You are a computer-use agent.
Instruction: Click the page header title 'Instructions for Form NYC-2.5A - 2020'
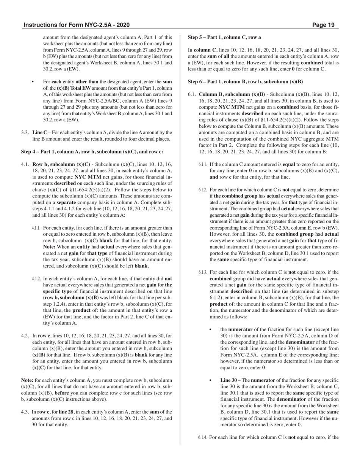(77, 25)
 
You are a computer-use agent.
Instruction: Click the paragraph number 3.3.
(25, 133)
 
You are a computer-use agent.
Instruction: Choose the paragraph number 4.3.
(25, 412)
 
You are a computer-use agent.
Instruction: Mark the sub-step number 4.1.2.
(36, 279)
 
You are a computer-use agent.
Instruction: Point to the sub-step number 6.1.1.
(203, 164)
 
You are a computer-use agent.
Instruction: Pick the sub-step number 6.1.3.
(203, 272)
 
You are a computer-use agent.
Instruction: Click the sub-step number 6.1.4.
(203, 438)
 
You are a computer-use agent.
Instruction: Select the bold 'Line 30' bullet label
(229, 380)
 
